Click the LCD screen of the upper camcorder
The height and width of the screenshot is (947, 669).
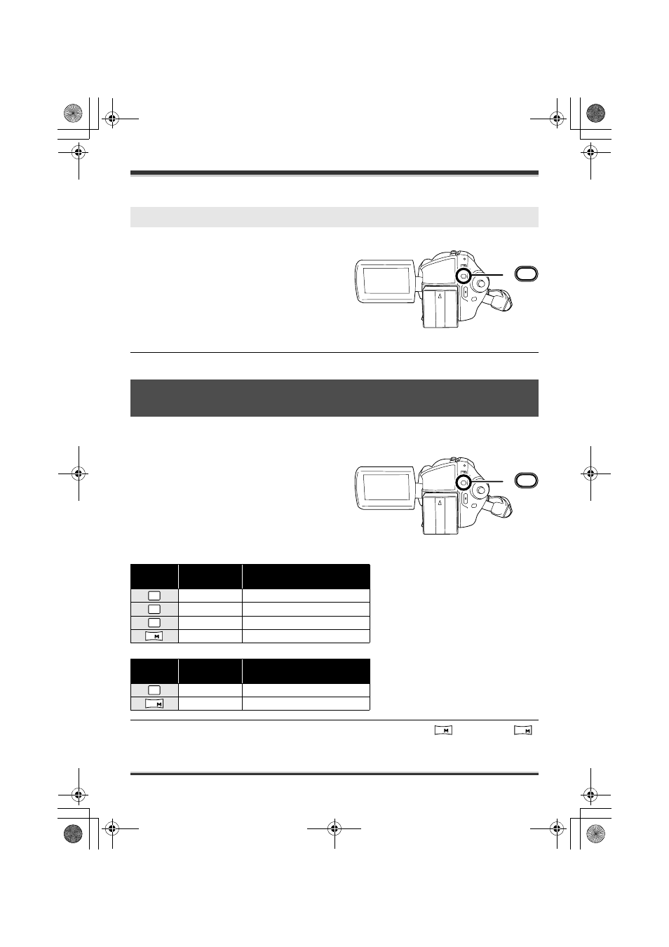[386, 281]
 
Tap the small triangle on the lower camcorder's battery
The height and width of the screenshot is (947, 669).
[440, 502]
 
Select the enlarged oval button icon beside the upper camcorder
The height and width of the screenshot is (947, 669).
[526, 274]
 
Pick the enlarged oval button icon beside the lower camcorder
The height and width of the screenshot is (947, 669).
[526, 481]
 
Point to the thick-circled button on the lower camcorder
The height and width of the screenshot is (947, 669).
[464, 483]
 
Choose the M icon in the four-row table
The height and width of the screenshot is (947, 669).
[154, 636]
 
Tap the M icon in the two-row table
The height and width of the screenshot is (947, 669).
[154, 704]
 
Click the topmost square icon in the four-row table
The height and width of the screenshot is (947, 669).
[154, 596]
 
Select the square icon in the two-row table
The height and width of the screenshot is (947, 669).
[154, 690]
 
